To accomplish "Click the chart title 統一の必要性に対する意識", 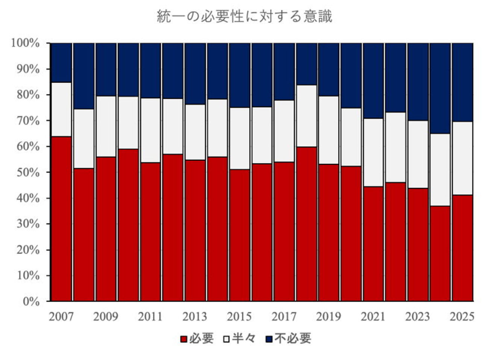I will pyautogui.click(x=244, y=17).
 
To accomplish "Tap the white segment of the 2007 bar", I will pyautogui.click(x=61, y=109).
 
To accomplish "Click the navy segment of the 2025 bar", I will pyautogui.click(x=462, y=82).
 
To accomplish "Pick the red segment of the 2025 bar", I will pyautogui.click(x=462, y=248).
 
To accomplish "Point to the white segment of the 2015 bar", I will pyautogui.click(x=240, y=138).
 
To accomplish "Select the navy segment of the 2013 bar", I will pyautogui.click(x=195, y=74).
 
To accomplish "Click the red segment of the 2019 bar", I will pyautogui.click(x=329, y=233).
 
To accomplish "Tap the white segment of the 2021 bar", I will pyautogui.click(x=373, y=152).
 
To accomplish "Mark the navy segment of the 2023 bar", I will pyautogui.click(x=418, y=82).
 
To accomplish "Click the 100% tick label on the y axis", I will pyautogui.click(x=26, y=43).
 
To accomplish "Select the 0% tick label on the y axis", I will pyautogui.click(x=31, y=301).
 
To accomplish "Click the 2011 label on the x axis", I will pyautogui.click(x=150, y=317).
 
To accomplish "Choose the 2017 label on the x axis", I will pyautogui.click(x=284, y=317).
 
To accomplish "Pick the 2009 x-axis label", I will pyautogui.click(x=106, y=317).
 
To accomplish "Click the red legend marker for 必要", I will pyautogui.click(x=184, y=339).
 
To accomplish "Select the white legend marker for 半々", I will pyautogui.click(x=226, y=339).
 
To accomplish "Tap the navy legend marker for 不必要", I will pyautogui.click(x=269, y=339).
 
